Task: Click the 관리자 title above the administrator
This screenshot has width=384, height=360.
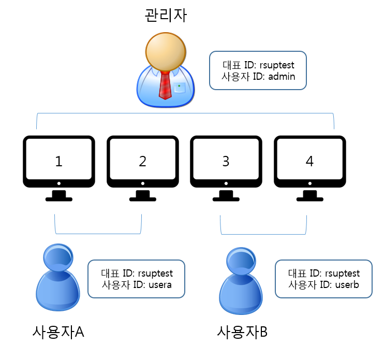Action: point(166,15)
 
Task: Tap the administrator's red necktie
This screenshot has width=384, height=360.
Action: point(165,85)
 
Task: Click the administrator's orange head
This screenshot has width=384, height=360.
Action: point(166,52)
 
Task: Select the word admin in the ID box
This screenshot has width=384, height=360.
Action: point(282,77)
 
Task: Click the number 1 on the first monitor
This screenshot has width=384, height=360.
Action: point(59,161)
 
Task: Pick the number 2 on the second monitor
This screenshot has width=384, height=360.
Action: point(142,161)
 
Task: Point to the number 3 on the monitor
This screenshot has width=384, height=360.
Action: point(226,161)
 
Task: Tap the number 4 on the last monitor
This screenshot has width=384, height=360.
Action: point(309,161)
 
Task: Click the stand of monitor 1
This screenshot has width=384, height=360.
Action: point(59,196)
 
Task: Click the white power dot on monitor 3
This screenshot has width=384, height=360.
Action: point(226,183)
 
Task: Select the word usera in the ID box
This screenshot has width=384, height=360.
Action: point(160,285)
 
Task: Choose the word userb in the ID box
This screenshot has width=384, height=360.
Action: point(347,285)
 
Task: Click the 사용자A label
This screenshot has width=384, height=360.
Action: point(58,332)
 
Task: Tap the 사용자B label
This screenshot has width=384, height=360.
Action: point(242,332)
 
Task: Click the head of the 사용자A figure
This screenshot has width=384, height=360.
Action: point(58,257)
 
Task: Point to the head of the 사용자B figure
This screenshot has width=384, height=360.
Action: point(241,261)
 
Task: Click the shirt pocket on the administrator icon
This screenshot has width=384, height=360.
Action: point(180,88)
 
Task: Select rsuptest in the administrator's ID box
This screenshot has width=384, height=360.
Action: point(277,65)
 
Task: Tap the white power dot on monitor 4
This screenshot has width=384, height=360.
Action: point(310,183)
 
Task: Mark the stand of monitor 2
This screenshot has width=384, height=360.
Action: point(143,196)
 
